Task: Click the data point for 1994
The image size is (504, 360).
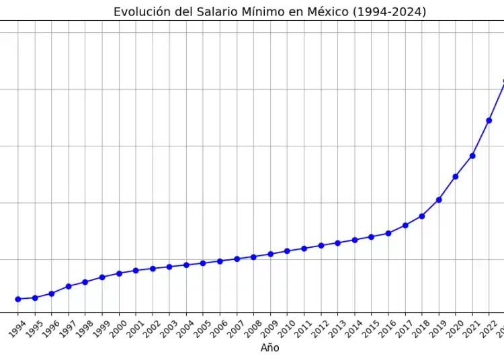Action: (18, 299)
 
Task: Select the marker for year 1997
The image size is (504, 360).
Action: (69, 286)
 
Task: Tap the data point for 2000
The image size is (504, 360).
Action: (119, 273)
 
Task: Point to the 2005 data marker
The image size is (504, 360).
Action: (203, 263)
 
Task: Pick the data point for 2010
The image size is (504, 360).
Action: (287, 251)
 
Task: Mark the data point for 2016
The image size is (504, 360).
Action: (388, 233)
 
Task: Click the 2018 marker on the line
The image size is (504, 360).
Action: (422, 216)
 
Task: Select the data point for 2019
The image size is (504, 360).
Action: (439, 199)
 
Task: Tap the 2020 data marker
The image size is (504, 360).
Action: (456, 177)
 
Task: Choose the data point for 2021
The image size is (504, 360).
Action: (472, 156)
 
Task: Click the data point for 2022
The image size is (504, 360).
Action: (489, 120)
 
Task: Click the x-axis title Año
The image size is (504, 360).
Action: (270, 348)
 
